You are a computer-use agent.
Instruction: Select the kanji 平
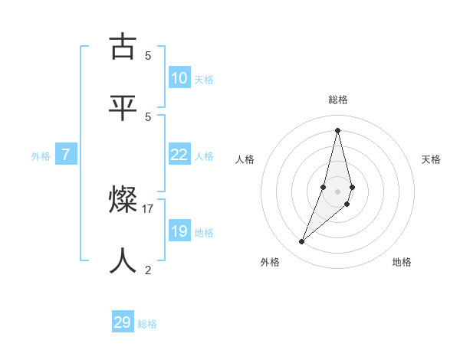point(123,106)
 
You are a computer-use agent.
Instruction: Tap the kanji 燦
point(123,201)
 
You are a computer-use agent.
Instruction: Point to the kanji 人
point(123,260)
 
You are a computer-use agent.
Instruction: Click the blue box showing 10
point(179,78)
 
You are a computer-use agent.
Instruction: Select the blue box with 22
point(179,155)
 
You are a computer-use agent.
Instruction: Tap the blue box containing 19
point(179,231)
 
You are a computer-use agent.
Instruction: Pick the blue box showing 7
point(66,155)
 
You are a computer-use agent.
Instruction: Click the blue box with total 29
point(123,322)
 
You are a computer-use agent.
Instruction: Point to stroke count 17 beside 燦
point(148,208)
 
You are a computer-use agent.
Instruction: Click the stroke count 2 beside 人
point(148,270)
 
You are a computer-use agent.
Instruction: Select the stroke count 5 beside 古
point(148,55)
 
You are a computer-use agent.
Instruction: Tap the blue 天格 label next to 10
point(204,80)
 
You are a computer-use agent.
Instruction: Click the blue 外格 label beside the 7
point(41,156)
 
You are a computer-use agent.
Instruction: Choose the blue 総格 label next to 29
point(147,324)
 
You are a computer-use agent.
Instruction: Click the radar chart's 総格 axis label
point(338,100)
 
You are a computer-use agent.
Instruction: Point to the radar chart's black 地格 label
point(402,262)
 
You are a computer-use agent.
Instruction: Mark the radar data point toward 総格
point(337,129)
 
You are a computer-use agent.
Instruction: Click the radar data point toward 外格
point(302,242)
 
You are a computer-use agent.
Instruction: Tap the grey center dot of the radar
point(337,191)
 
